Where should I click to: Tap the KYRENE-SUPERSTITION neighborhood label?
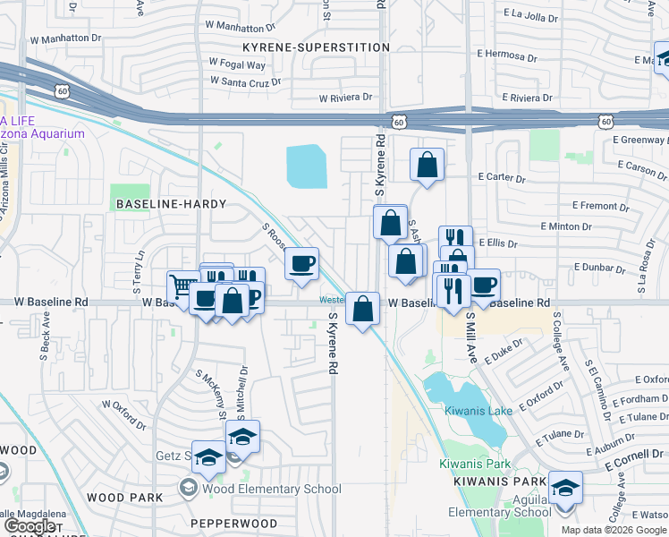point(316,47)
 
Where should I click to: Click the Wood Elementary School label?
point(272,489)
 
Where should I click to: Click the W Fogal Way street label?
point(237,64)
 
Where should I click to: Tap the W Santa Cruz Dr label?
point(246,80)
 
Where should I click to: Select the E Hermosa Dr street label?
point(508,56)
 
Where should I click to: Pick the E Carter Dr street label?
point(502,177)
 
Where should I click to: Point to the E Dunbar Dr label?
point(602,267)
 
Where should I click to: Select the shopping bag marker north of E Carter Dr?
point(428,165)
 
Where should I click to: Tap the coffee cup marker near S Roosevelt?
point(301,263)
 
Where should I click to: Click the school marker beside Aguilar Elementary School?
point(565,489)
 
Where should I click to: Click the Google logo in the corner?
point(30,525)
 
